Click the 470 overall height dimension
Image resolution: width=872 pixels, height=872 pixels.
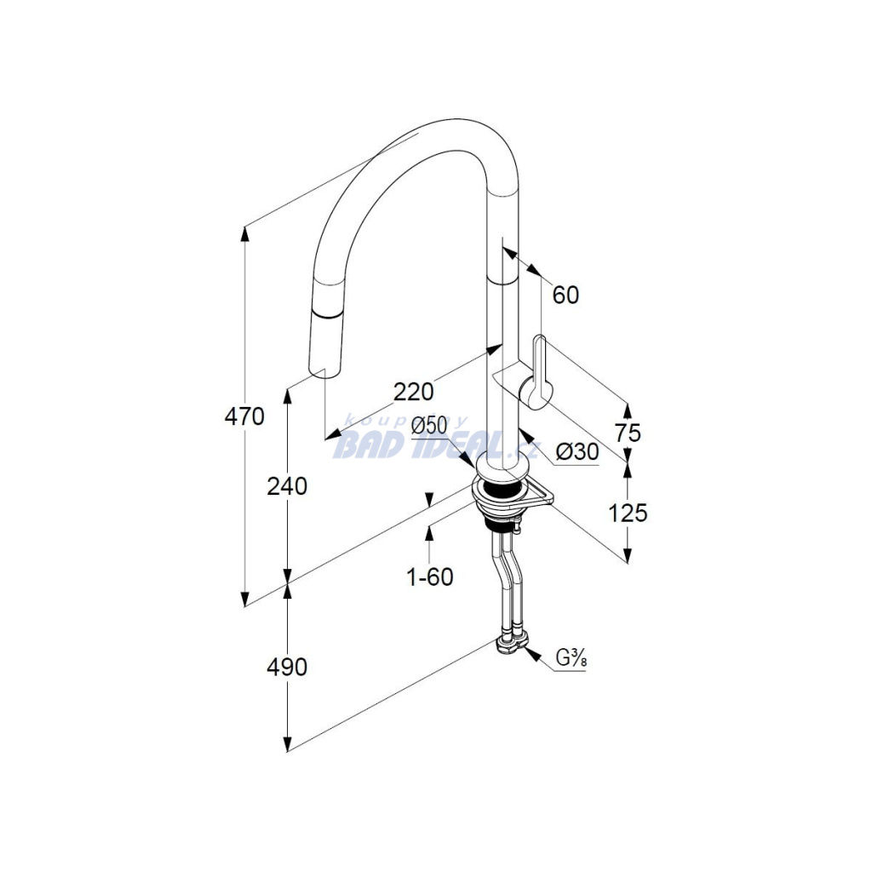click(x=244, y=416)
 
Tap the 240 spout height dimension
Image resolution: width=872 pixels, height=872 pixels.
click(x=287, y=487)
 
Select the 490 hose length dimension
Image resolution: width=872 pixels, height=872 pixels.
click(x=287, y=667)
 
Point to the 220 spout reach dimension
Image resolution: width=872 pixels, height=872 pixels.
click(x=413, y=392)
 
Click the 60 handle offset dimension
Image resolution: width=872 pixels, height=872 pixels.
click(x=565, y=295)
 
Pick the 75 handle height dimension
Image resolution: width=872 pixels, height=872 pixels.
click(x=628, y=433)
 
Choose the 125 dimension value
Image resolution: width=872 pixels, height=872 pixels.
click(x=628, y=513)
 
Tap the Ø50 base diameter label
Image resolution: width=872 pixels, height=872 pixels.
click(x=429, y=427)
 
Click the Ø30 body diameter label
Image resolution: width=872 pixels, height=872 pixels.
click(x=577, y=451)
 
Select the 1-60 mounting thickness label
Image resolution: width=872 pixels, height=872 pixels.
click(x=430, y=577)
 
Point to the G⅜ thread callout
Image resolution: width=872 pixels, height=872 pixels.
click(x=571, y=660)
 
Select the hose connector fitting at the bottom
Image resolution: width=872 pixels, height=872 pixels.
click(x=511, y=645)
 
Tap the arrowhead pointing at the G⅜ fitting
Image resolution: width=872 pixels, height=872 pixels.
click(x=532, y=655)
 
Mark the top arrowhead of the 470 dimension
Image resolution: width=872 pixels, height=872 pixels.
click(x=244, y=233)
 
